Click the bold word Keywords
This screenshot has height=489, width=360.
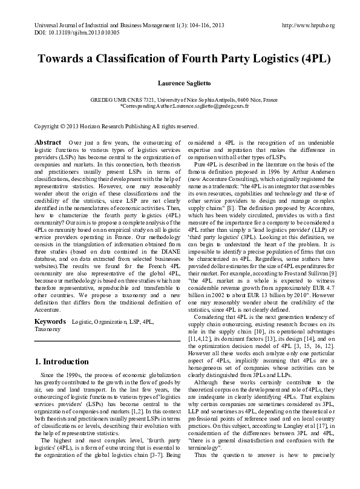click(50, 321)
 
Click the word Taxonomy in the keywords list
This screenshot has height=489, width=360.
click(48, 329)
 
